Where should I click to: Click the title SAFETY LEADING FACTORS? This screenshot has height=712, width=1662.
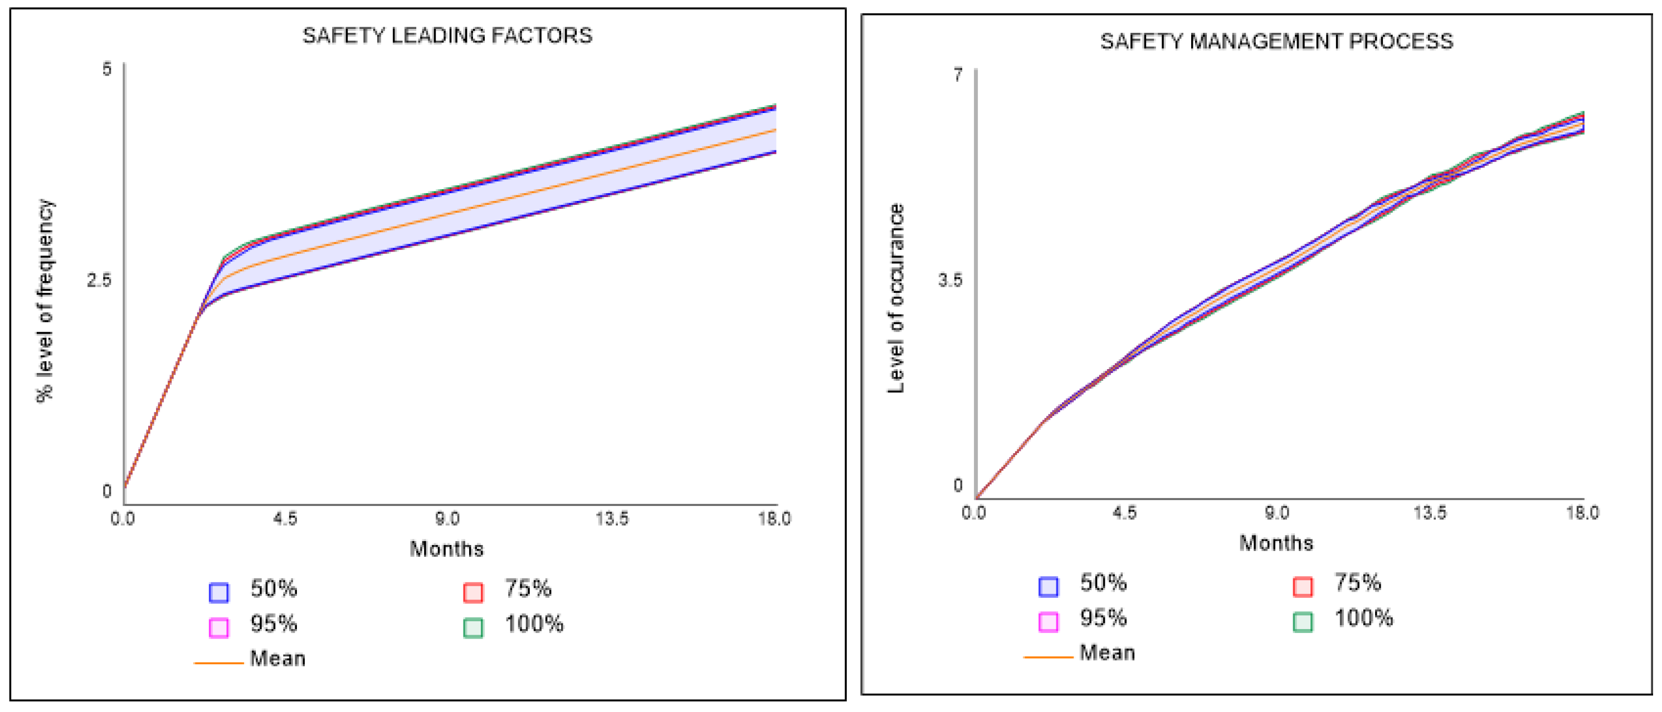(x=447, y=36)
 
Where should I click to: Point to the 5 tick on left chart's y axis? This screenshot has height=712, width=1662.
(x=107, y=69)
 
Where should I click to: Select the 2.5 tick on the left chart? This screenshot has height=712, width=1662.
(x=99, y=281)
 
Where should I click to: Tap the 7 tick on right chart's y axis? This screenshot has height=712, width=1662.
(x=958, y=75)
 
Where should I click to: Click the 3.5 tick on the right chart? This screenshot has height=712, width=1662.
(x=950, y=281)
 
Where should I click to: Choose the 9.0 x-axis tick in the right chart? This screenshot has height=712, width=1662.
(x=1277, y=513)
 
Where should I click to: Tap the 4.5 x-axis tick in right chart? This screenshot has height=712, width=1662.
(x=1124, y=513)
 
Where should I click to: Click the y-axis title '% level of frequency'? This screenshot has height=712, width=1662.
(x=45, y=301)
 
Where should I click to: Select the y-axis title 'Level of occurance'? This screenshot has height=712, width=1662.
(x=896, y=298)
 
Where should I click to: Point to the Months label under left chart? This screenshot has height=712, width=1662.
(x=446, y=549)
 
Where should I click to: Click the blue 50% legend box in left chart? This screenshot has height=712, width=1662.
(x=220, y=592)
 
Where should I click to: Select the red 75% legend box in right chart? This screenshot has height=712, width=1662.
(x=1303, y=586)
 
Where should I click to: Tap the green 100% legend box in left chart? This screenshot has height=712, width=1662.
(x=473, y=627)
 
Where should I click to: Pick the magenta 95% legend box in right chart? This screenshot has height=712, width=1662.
(x=1049, y=622)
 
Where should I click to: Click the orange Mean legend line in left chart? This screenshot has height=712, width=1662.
(x=219, y=662)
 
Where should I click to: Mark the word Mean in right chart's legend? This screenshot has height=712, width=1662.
(x=1107, y=652)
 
